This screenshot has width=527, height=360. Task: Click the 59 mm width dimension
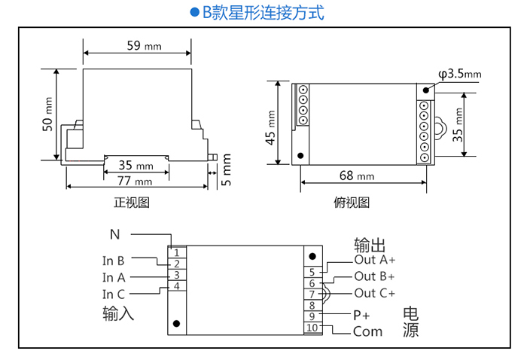[143, 46]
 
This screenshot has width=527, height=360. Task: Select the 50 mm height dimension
[47, 114]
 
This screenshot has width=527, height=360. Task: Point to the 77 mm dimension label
[136, 181]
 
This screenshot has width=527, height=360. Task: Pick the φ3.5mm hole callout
[459, 74]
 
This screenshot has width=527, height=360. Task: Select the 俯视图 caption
[351, 203]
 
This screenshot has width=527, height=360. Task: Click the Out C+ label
[374, 293]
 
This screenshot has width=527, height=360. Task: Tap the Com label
[367, 331]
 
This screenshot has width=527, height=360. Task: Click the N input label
[114, 234]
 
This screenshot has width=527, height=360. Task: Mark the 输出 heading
[370, 246]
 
